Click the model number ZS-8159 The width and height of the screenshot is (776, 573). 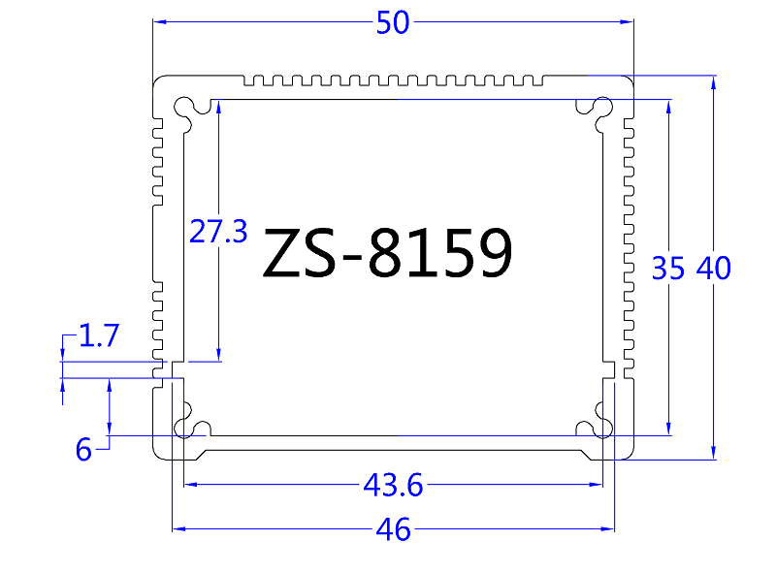[388, 254]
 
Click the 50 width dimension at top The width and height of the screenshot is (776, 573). [393, 24]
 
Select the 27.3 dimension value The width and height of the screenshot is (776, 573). [218, 232]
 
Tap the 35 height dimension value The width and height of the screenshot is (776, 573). [668, 269]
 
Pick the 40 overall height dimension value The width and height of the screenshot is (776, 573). [713, 269]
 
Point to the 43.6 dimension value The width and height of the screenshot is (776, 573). [393, 483]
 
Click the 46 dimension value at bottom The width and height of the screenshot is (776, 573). [392, 530]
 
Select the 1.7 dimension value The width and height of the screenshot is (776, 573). [98, 336]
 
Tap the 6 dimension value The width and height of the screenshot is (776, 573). [84, 450]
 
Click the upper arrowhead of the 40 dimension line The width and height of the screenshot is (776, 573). [714, 82]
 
